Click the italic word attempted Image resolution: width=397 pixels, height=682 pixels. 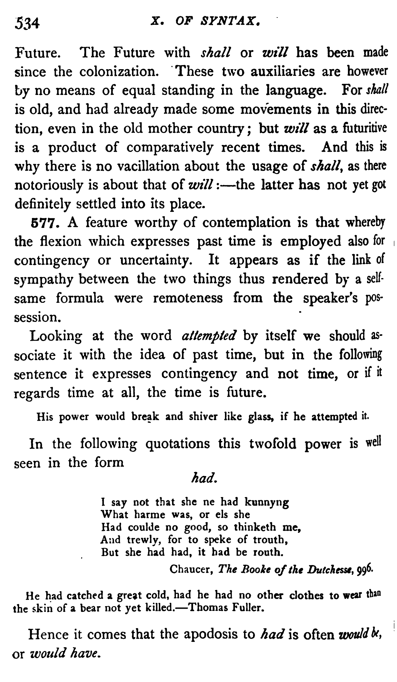pos(208,336)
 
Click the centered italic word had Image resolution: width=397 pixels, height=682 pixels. pos(203,478)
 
